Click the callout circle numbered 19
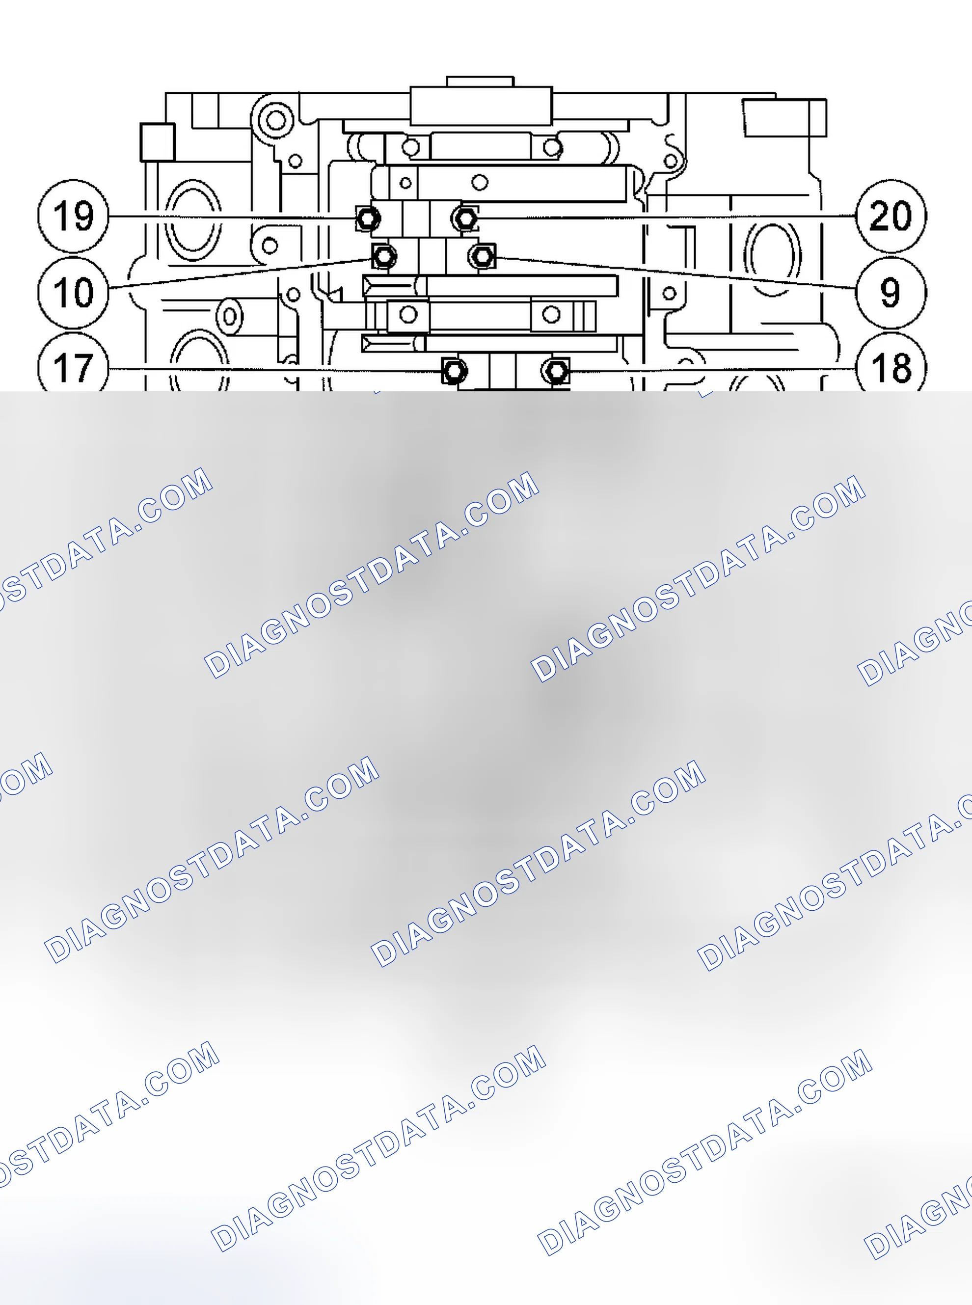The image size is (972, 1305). tap(74, 216)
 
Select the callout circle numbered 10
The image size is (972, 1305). tap(74, 292)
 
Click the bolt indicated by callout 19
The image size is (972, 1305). tap(368, 219)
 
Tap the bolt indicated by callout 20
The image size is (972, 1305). tap(465, 219)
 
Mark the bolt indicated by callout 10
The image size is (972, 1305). tap(384, 256)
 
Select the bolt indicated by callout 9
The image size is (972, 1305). tap(483, 256)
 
